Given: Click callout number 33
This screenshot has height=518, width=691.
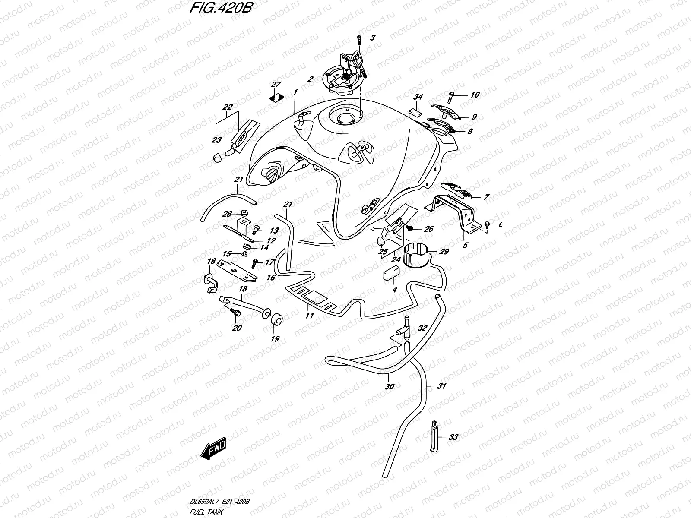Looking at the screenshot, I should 453,437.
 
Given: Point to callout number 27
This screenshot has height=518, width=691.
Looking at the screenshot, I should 276,84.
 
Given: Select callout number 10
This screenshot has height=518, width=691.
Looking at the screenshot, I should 475,95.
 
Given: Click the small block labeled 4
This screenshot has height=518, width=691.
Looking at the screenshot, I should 391,274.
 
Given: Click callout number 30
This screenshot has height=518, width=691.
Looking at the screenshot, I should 389,387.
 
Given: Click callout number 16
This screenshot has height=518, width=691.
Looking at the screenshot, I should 271,278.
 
